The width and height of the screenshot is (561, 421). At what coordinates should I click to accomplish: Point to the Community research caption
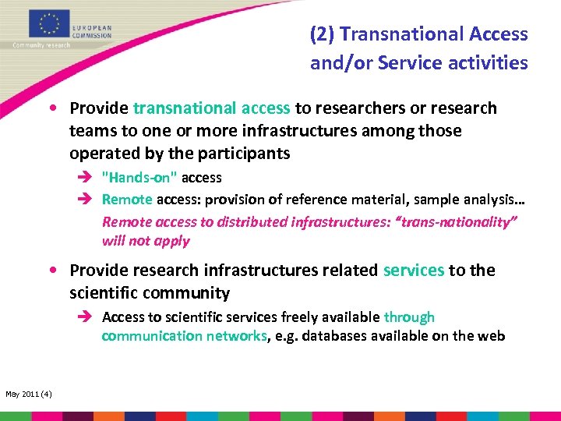pos(41,45)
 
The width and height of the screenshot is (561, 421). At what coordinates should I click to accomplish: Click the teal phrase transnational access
pos(212,108)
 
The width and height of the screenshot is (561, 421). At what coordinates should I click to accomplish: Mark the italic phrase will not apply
pos(146,241)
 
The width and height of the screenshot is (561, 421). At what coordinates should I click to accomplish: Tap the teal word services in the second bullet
pos(414,270)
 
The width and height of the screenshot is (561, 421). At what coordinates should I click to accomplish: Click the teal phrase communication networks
pos(184,336)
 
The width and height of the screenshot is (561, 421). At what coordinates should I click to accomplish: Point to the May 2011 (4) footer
pos(29,394)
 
